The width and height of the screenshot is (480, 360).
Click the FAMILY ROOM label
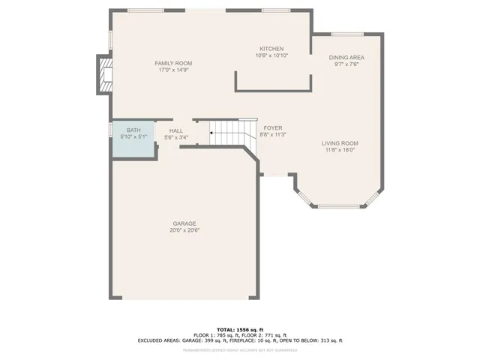174,63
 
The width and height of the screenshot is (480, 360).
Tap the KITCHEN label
271,48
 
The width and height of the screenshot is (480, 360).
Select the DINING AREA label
346,57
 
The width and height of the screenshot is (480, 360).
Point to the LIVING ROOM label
340,143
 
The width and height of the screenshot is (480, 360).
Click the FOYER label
272,128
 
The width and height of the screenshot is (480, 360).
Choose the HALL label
176,130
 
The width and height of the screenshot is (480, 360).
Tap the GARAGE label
184,223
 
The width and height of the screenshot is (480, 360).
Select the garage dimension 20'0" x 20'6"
184,230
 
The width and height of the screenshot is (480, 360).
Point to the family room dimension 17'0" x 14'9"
174,70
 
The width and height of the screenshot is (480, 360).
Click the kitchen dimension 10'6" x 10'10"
271,55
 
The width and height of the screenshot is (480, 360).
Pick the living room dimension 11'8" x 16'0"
340,150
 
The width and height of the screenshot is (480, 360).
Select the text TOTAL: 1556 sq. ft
240,329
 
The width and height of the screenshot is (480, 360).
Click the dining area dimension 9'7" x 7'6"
346,64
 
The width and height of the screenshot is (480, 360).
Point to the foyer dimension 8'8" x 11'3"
273,135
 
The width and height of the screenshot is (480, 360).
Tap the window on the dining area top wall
347,33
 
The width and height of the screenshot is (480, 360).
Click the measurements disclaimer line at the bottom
240,350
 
